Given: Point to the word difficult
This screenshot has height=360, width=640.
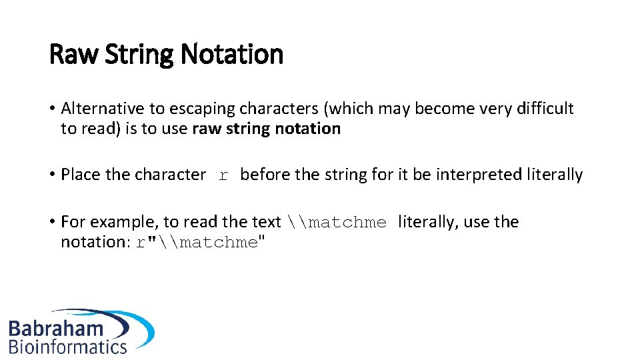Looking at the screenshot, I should click(544, 109).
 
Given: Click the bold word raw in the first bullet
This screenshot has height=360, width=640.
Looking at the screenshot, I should click(206, 129).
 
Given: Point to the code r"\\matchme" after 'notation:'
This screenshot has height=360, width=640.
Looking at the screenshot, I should click(201, 243).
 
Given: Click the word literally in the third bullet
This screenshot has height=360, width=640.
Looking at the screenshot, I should click(426, 222).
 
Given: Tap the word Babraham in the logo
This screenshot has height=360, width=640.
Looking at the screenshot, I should click(56, 328).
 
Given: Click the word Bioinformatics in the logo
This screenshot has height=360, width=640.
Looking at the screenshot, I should click(67, 347).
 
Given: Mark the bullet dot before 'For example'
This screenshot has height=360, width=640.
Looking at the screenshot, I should click(52, 223).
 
